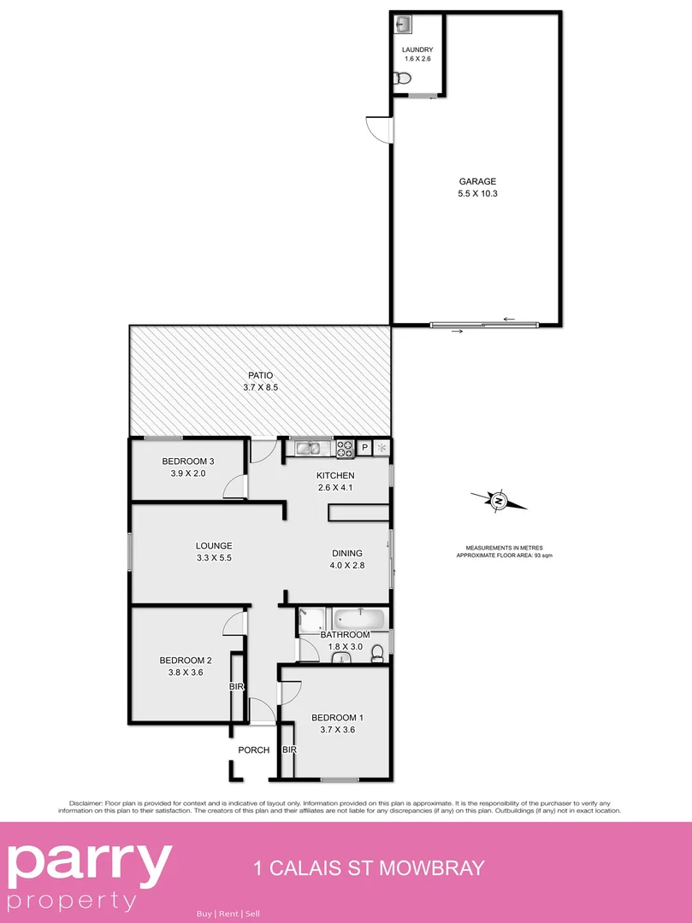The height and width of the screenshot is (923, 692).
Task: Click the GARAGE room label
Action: click(477, 181)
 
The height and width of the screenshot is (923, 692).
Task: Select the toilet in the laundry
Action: click(405, 79)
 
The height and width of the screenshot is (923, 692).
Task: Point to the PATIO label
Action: click(260, 375)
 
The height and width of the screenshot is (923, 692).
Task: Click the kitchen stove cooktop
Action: click(346, 446)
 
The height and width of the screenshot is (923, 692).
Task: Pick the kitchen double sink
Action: click(308, 446)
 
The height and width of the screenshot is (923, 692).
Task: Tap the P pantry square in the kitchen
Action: click(365, 447)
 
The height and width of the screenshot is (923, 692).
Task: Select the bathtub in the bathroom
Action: click(360, 618)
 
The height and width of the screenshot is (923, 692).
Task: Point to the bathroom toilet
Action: click(377, 652)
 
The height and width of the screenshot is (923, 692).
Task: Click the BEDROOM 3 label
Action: click(187, 461)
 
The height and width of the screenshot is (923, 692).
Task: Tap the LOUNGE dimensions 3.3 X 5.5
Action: click(214, 557)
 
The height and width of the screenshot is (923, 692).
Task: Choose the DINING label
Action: click(347, 553)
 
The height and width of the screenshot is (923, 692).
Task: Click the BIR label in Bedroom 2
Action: click(236, 686)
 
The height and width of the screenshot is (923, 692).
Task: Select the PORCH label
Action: click(253, 750)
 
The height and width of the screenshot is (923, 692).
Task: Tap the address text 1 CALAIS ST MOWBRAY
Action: click(370, 869)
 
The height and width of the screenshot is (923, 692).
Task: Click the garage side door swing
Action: click(377, 128)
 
